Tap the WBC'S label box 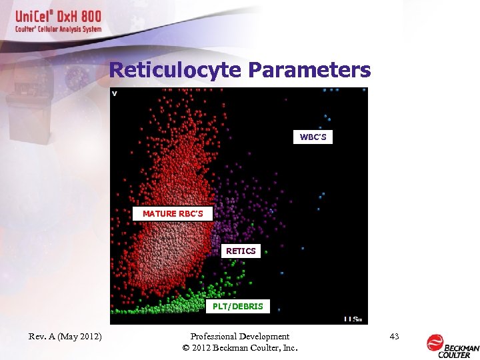pos(312,137)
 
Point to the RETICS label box pos(241,251)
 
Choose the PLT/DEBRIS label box pos(237,307)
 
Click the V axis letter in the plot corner pos(115,93)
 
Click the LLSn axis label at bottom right pos(353,319)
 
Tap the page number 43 pos(394,337)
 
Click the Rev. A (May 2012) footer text pos(65,337)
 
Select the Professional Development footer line pos(239,337)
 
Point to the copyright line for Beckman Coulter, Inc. pos(239,348)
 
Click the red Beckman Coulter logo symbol pos(435,343)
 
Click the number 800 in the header pos(88,17)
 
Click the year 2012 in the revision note pos(89,337)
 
